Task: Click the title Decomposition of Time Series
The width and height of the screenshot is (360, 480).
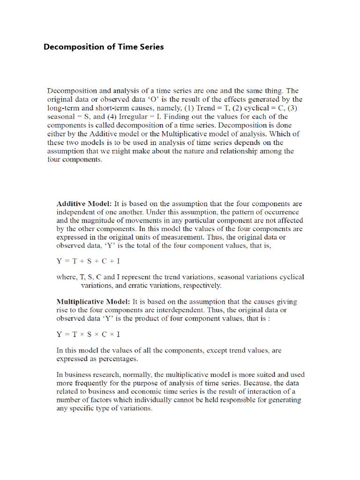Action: point(104,47)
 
